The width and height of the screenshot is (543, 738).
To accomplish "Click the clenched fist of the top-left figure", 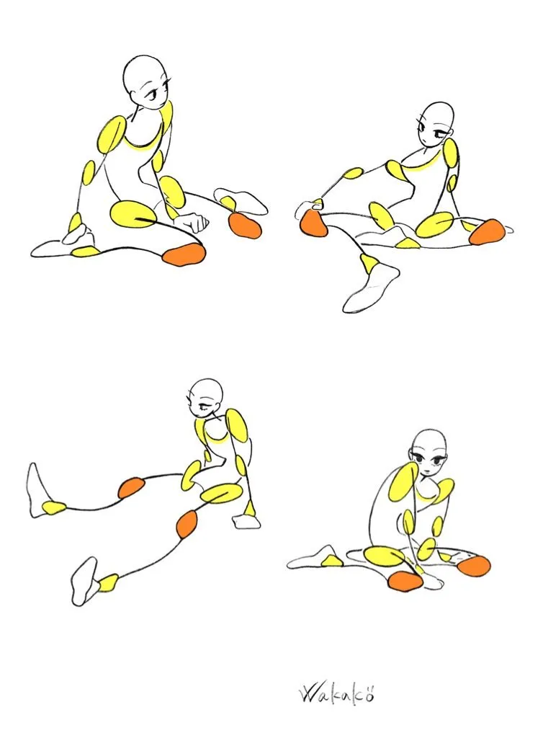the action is pyautogui.click(x=190, y=221).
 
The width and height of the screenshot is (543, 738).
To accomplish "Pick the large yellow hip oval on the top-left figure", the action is pyautogui.click(x=133, y=214).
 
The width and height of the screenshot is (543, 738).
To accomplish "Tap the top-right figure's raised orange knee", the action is pyautogui.click(x=313, y=223).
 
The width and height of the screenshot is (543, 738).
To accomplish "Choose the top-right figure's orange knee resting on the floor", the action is pyautogui.click(x=486, y=231).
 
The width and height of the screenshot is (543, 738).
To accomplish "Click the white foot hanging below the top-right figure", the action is pyautogui.click(x=371, y=287).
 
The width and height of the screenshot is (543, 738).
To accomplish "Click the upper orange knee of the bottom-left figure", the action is pyautogui.click(x=131, y=488).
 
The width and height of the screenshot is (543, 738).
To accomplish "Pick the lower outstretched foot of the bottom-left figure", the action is pyautogui.click(x=85, y=581).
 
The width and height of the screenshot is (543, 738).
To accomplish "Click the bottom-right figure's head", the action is pyautogui.click(x=428, y=453).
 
